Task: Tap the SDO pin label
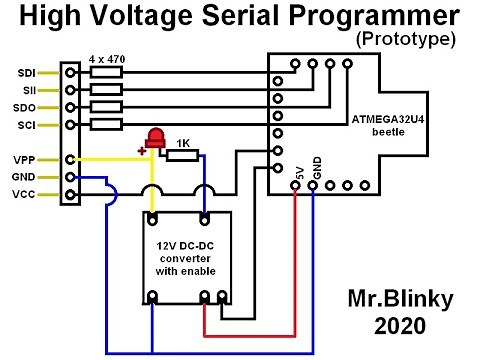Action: point(26,107)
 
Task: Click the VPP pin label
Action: point(26,159)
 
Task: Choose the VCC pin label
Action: point(26,194)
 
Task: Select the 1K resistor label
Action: point(183,143)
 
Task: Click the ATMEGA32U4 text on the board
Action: point(388,119)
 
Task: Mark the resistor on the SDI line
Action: point(105,73)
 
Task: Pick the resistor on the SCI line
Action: point(105,124)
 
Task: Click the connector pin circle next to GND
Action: point(70,177)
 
